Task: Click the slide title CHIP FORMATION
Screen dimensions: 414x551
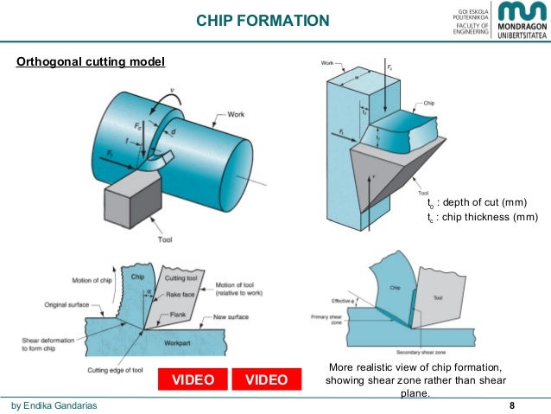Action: pos(263,20)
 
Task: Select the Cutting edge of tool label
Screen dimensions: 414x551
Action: pos(129,370)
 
